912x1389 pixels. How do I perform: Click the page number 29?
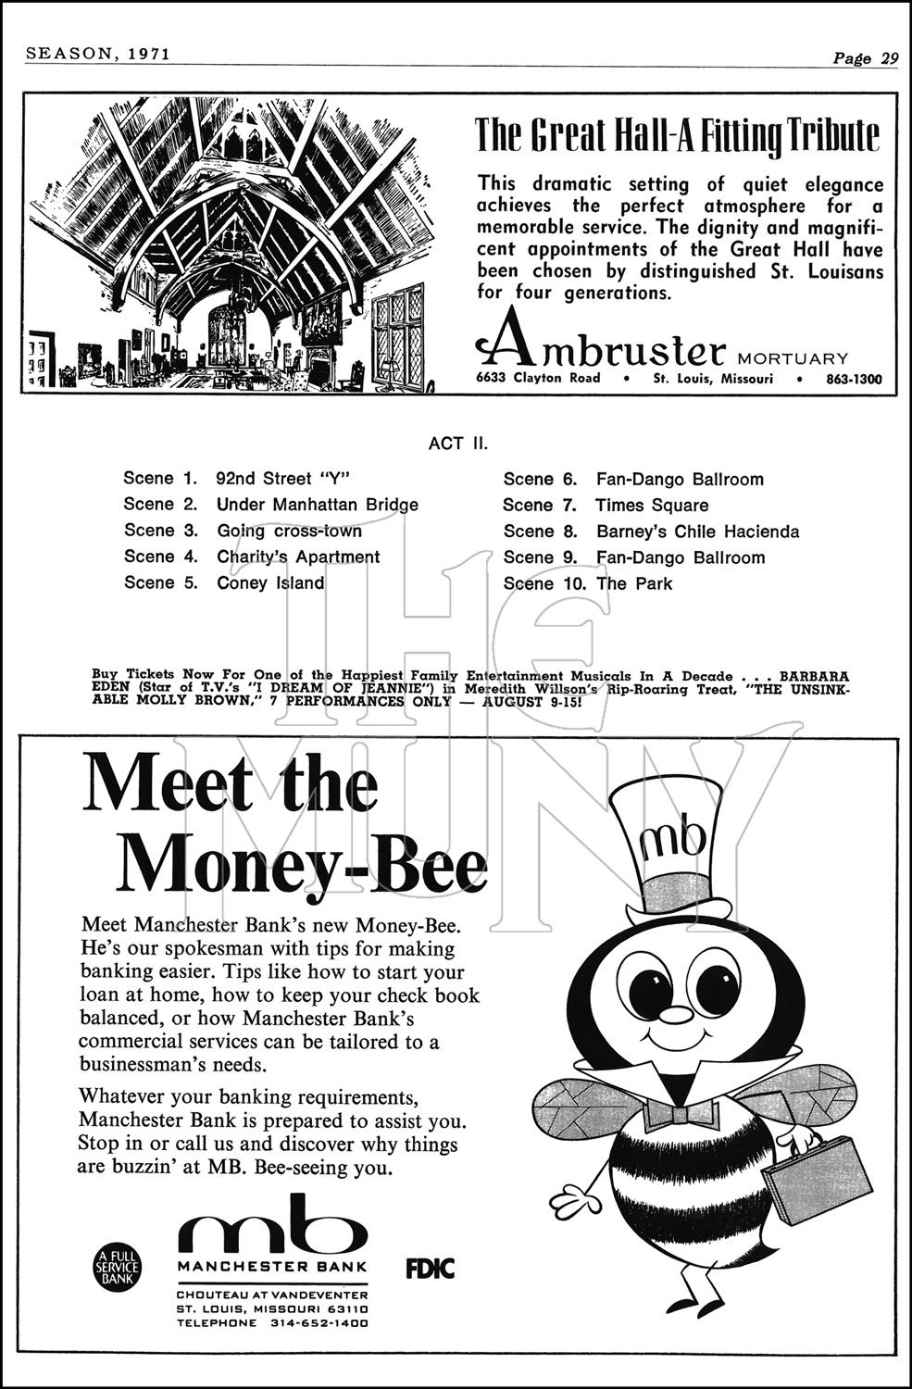click(888, 57)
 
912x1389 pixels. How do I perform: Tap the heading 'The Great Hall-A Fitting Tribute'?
click(677, 135)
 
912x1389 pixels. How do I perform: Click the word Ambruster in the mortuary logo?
click(612, 350)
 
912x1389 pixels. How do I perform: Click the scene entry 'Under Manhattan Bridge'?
click(317, 505)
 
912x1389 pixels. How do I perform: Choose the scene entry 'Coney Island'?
click(270, 583)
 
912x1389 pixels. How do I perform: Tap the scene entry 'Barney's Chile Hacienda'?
click(697, 532)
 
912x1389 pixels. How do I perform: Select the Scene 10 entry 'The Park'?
click(634, 583)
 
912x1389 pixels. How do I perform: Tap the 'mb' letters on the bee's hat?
click(673, 837)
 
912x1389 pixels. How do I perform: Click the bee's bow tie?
click(681, 1112)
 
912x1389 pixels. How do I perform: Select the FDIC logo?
click(431, 1268)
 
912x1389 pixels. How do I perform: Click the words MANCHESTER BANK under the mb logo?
click(272, 1267)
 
